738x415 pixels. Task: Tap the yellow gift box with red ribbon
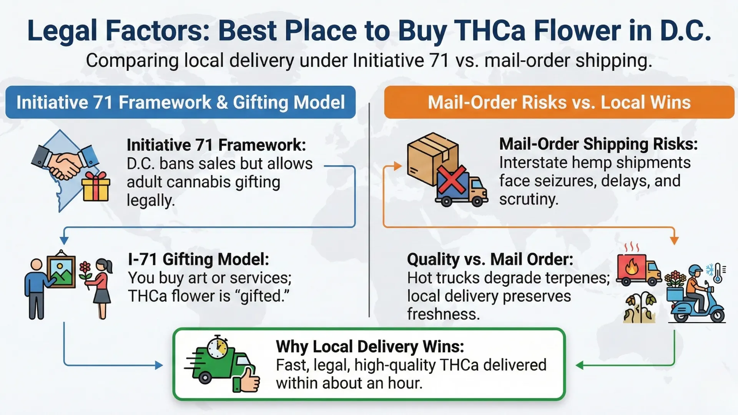(96, 187)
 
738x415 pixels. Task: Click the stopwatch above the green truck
(217, 347)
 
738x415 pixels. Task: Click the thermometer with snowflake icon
(716, 272)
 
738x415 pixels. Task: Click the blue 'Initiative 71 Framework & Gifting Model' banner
(180, 102)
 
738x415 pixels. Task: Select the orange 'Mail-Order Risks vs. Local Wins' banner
(559, 102)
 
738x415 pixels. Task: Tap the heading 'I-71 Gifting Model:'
(198, 259)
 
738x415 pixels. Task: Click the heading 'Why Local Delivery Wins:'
(370, 347)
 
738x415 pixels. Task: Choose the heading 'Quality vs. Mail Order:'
(490, 259)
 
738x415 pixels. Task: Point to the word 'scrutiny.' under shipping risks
(529, 199)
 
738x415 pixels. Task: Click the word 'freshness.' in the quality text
(443, 314)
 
